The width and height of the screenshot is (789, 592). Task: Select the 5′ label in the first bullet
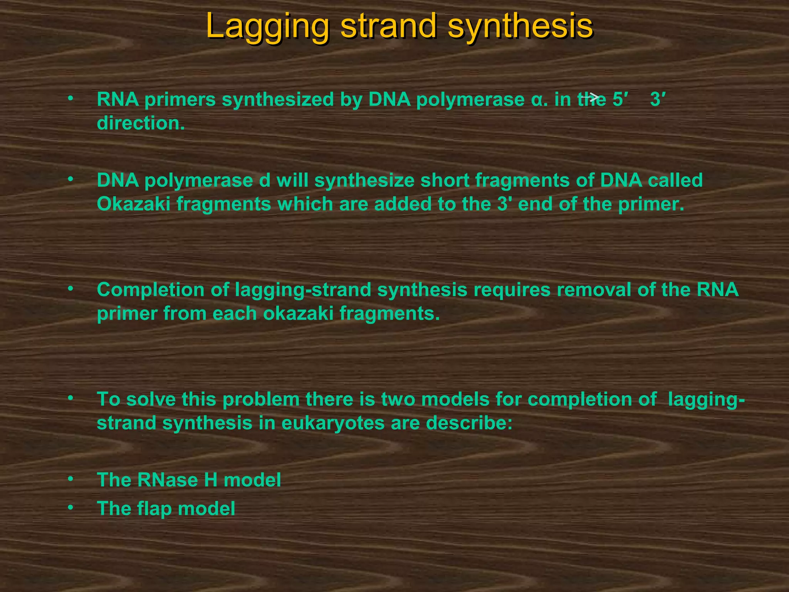click(620, 99)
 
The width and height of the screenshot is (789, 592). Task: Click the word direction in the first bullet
click(141, 123)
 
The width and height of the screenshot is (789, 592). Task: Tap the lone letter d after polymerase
click(265, 180)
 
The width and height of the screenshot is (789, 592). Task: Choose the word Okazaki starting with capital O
click(133, 204)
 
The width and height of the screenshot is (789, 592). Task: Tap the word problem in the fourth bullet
click(261, 399)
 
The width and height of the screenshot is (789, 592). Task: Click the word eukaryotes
click(333, 423)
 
